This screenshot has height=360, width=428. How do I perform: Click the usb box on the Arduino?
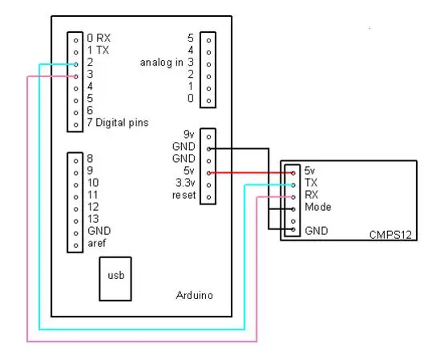click(x=115, y=279)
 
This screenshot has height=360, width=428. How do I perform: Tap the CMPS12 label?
click(x=390, y=235)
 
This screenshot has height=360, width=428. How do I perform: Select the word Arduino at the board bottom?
click(x=194, y=295)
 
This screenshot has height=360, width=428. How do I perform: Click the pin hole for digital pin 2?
click(x=76, y=64)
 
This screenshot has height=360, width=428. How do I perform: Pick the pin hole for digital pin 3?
click(x=76, y=76)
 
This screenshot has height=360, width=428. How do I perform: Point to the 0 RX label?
click(x=99, y=38)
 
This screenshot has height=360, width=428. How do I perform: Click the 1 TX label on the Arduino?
click(x=98, y=50)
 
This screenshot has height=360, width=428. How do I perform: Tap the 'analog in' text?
click(x=161, y=63)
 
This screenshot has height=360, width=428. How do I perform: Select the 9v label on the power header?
click(x=189, y=135)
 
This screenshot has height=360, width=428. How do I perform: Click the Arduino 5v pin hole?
click(x=209, y=173)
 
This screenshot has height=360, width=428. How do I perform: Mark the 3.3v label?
click(x=185, y=183)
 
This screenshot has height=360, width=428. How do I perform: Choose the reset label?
click(x=184, y=195)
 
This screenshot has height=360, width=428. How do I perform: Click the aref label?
click(x=97, y=243)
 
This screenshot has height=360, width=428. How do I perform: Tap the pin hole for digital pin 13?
click(x=76, y=221)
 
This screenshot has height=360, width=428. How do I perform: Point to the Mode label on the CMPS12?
click(x=318, y=207)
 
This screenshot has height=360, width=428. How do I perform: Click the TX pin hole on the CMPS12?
click(x=293, y=185)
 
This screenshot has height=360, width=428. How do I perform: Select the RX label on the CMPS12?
click(x=312, y=195)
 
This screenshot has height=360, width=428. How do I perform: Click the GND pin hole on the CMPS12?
click(x=293, y=229)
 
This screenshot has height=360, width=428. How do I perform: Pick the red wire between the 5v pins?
click(x=251, y=172)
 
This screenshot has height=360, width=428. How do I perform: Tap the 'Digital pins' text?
click(x=122, y=123)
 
